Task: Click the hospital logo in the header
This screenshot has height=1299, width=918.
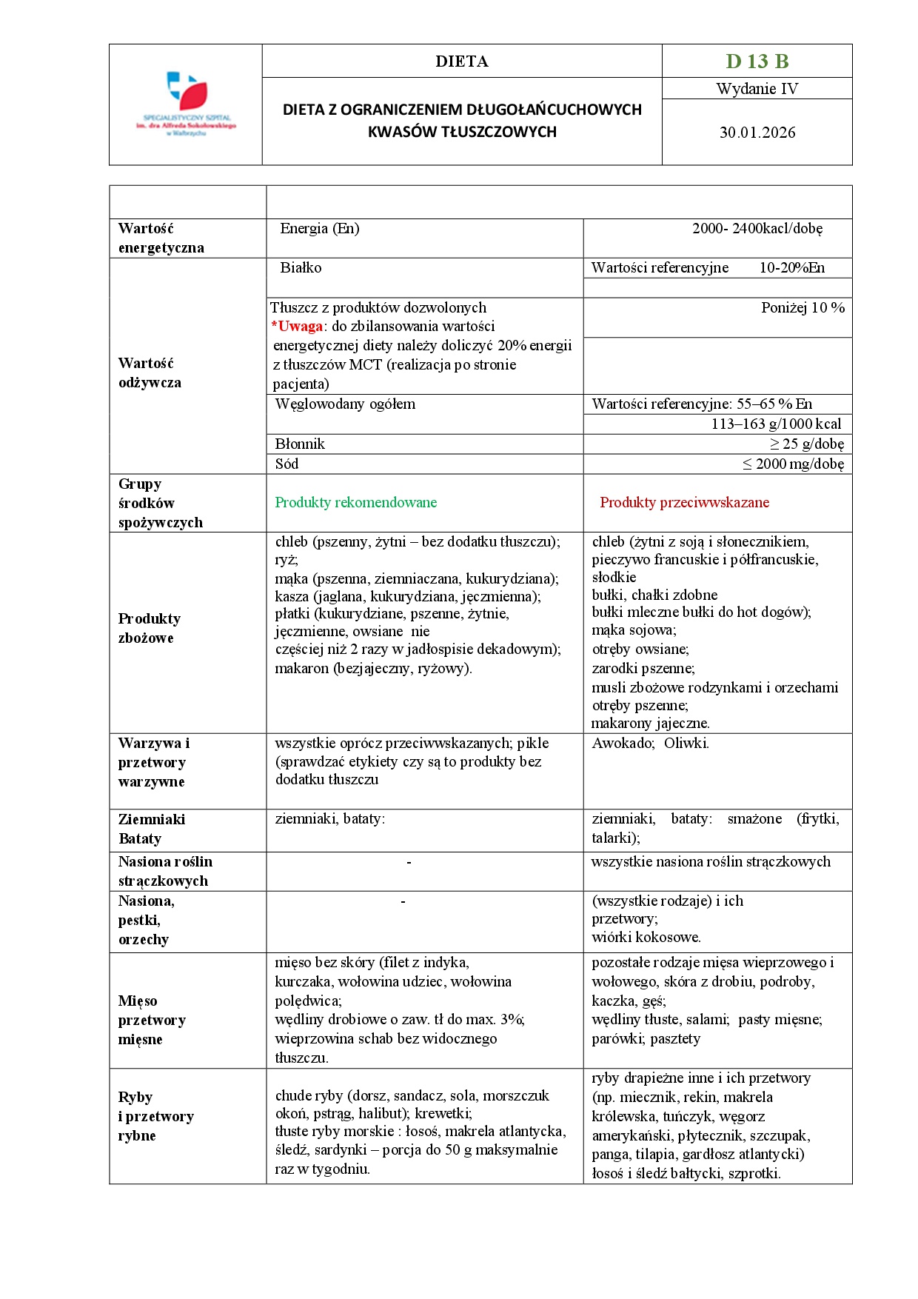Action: [186, 104]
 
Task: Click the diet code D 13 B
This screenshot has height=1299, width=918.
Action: [757, 61]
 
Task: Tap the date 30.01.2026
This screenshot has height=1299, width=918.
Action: [757, 133]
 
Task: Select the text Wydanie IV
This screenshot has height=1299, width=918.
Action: [757, 89]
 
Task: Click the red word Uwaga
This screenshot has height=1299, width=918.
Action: [300, 327]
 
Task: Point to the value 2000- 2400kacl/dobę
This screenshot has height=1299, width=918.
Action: [757, 229]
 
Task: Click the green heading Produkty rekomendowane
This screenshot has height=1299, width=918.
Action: [355, 503]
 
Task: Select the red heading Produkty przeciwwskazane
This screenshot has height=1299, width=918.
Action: [684, 503]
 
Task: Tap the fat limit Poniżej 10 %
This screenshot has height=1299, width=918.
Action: [803, 308]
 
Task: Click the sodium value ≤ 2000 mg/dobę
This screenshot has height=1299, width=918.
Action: [793, 464]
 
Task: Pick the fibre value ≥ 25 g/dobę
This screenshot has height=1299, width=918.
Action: [806, 444]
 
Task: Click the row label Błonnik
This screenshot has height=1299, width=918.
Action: [300, 444]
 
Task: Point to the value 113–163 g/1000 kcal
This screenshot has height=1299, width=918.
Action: [776, 424]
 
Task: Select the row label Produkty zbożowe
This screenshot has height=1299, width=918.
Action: [149, 628]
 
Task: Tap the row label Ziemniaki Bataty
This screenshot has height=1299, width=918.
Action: [151, 829]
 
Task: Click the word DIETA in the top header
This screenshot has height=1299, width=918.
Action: [461, 61]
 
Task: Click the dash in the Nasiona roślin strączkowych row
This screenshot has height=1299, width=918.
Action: [409, 862]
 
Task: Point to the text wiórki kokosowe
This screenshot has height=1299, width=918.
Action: [646, 938]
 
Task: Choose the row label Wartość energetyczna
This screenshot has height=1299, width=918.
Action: [161, 238]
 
